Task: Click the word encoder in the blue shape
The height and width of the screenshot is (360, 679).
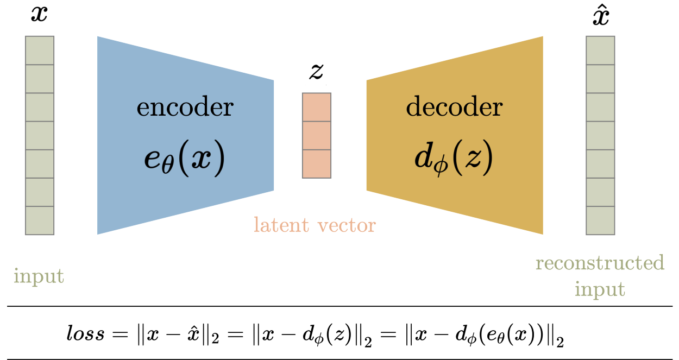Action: coord(185,108)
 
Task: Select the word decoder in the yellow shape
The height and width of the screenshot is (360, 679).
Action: coord(454,108)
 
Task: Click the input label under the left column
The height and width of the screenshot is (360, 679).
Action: coord(39,276)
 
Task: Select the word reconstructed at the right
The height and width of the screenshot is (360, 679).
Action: coord(600,263)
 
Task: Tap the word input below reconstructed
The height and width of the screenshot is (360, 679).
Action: coord(600,289)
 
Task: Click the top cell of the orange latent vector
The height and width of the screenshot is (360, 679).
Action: coord(317,107)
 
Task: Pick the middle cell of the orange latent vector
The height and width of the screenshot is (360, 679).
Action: coord(317,135)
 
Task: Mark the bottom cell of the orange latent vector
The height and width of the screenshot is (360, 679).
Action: coord(317,164)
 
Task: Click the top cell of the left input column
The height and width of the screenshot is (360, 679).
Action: coord(40,50)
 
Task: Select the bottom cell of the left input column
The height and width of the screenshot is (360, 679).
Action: coord(40,220)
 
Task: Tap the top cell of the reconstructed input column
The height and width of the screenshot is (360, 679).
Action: coord(600,50)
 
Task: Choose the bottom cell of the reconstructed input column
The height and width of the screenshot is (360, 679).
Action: coord(600,220)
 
